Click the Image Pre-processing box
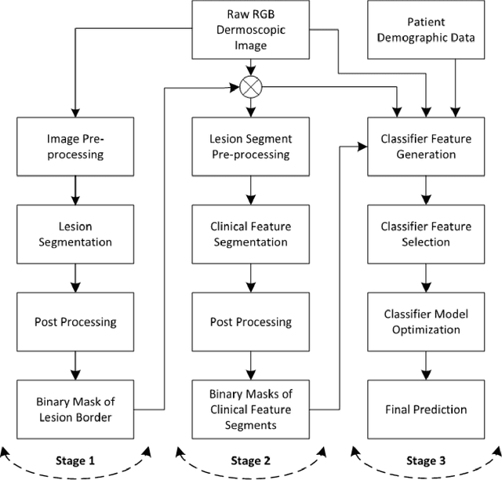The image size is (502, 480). (x=75, y=147)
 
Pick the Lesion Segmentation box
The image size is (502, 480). (x=75, y=235)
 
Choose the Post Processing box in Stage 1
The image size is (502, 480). (x=75, y=322)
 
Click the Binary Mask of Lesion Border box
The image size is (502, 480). (x=75, y=409)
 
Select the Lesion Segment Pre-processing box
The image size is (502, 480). (x=250, y=147)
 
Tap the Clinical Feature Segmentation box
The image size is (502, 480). (x=250, y=235)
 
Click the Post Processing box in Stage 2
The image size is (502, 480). (x=250, y=322)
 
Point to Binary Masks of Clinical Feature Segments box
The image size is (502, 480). (x=250, y=409)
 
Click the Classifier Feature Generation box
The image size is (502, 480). (x=426, y=147)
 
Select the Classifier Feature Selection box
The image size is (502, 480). (x=426, y=235)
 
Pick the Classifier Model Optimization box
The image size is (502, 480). (x=426, y=322)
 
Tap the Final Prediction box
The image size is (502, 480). (x=426, y=409)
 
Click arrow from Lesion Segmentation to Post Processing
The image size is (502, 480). (x=75, y=278)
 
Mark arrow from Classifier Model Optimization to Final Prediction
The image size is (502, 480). (x=426, y=365)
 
